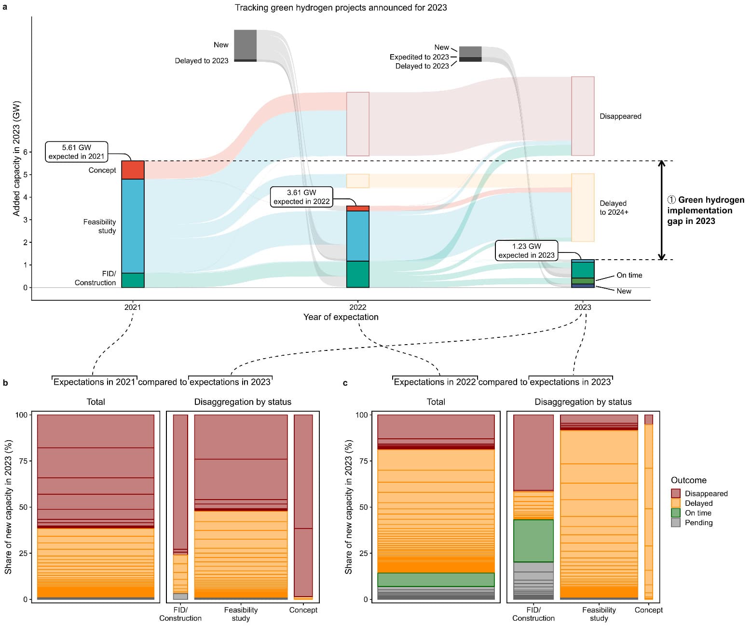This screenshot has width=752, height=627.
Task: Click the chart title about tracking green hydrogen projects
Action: coord(341,8)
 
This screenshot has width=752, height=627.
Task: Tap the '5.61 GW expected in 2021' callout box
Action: coord(76,152)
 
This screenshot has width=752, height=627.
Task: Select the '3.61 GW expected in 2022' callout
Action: coord(301,197)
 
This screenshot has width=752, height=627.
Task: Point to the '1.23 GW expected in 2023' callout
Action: coord(526,251)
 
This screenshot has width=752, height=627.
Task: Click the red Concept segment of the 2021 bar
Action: coord(133,170)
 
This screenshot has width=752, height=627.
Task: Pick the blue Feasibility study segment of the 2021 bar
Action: coord(133,226)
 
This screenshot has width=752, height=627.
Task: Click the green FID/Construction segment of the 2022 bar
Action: coord(357,274)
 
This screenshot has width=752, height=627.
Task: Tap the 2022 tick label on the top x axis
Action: coord(357,307)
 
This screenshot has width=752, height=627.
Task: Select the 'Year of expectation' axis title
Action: coord(341,317)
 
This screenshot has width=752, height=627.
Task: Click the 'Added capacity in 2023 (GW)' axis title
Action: coord(16,158)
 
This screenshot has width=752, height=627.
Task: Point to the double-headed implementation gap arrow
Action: coord(661,210)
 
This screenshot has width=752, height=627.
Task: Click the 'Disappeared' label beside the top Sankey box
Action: coord(620,116)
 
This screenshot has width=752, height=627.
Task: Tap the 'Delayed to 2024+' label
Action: coord(614,208)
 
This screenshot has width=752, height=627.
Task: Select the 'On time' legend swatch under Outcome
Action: coord(676,513)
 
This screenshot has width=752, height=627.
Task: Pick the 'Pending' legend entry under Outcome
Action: coord(692,522)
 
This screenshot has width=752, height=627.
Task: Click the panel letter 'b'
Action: coord(5,383)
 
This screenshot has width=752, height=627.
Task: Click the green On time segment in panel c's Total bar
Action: coord(436,579)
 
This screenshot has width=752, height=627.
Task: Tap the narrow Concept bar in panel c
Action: coord(648,507)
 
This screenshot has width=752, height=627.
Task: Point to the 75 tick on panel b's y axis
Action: coord(23,461)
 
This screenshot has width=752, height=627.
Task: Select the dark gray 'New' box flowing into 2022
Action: coord(245,45)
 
